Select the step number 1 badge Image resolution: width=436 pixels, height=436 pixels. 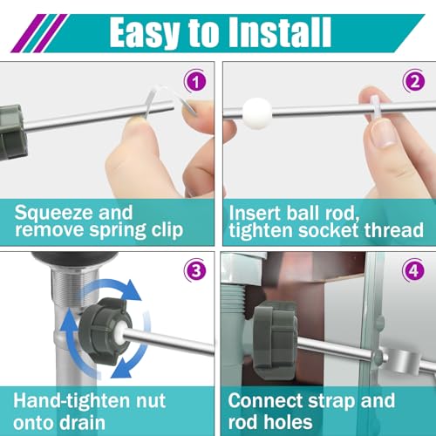pos(195,81)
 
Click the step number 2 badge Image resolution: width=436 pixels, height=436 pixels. pos(414,81)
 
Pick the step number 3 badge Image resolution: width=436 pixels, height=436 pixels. pos(195,271)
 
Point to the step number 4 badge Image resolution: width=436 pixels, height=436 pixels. pos(413,271)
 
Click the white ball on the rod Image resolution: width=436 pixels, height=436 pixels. pos(257,113)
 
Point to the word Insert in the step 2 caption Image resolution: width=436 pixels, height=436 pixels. pos(255,213)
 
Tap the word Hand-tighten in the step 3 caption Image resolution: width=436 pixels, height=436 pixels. pos(72,401)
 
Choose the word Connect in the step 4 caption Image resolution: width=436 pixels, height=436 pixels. pos(265,400)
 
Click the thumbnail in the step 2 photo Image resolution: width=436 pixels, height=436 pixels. pos(383,134)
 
